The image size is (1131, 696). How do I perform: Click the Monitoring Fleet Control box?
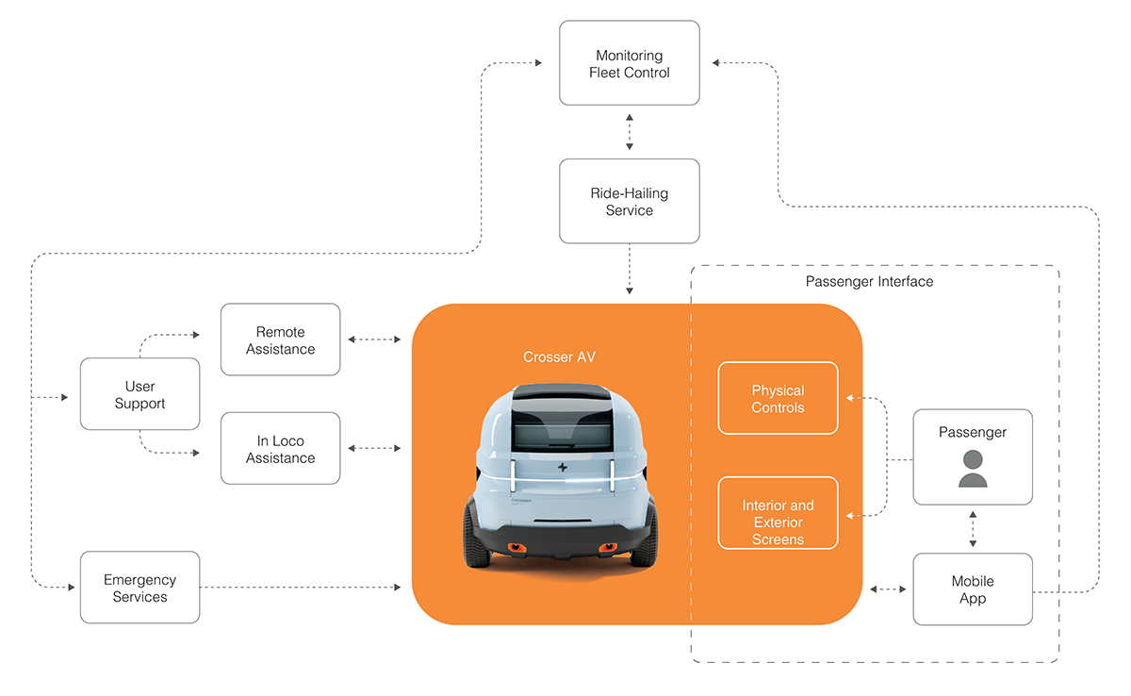630,63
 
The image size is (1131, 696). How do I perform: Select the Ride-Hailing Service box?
630,201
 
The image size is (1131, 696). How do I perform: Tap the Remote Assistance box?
280,340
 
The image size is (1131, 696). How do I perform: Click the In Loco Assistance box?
280,448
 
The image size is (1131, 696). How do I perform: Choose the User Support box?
139,394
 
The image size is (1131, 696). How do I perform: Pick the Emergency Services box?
139,588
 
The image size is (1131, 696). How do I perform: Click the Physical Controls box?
778,398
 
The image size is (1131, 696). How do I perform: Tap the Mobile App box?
973,589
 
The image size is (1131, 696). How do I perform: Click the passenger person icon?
973,469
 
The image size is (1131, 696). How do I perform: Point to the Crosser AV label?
559,357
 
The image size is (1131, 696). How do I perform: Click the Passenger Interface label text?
869,282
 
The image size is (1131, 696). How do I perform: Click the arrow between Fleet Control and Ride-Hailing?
630,131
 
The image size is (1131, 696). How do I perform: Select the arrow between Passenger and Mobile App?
973,529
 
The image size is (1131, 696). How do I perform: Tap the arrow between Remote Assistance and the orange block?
374,340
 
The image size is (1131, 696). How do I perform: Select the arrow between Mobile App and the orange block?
887,589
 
